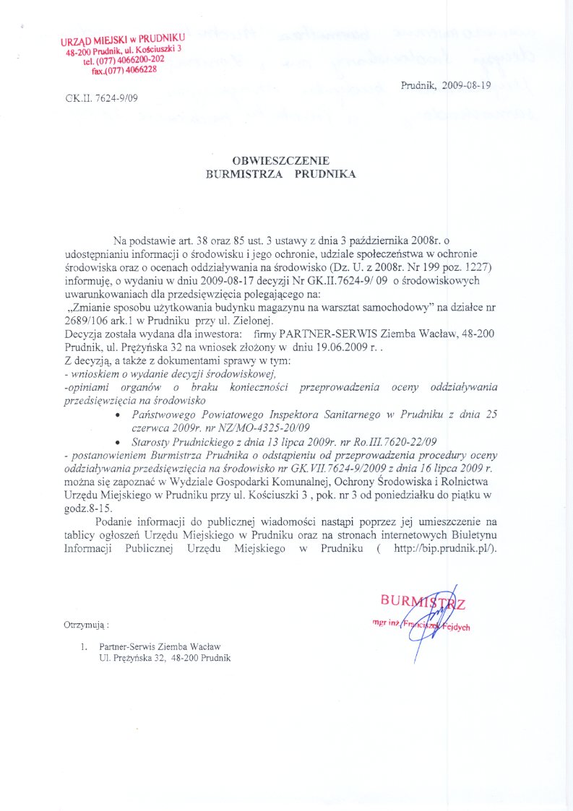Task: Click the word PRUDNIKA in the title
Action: pos(325,174)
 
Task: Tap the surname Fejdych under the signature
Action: pos(454,627)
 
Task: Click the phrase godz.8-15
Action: pos(90,507)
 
